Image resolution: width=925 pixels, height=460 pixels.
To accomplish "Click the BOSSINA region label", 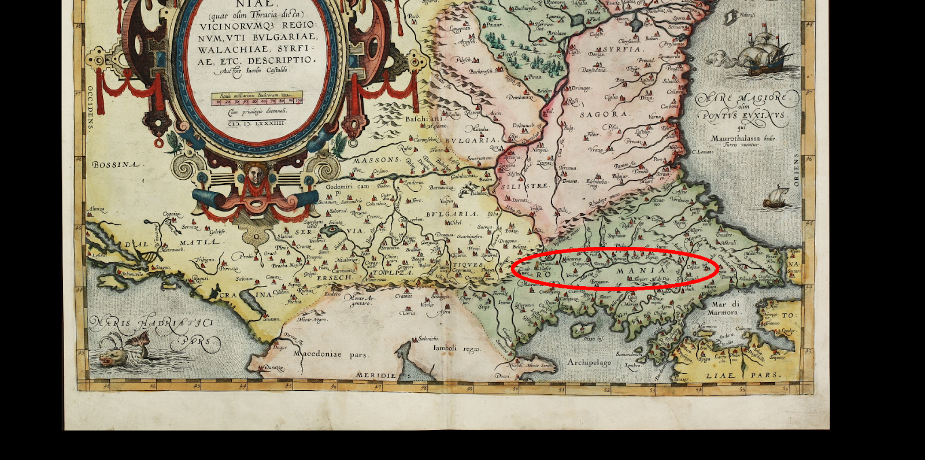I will (x=116, y=165).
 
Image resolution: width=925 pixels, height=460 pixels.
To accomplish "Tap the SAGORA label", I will (x=602, y=114).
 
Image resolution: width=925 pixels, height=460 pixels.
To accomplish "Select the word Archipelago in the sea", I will (x=589, y=362).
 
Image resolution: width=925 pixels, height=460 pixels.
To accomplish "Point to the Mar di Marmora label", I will (x=724, y=308).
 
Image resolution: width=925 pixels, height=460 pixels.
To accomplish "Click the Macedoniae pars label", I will (x=331, y=354).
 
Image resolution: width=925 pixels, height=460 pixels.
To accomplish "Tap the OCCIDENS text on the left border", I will (x=90, y=109).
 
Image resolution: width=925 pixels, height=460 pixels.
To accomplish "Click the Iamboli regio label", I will (x=457, y=348).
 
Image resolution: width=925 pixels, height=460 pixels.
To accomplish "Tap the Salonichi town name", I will (x=428, y=339).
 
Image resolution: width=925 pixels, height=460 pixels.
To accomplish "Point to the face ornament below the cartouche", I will (x=255, y=174).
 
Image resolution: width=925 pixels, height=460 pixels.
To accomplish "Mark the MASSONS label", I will (x=377, y=160).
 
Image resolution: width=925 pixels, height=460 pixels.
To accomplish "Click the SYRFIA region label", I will (x=622, y=50).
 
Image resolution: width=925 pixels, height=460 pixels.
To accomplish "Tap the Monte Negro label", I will (x=313, y=320).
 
